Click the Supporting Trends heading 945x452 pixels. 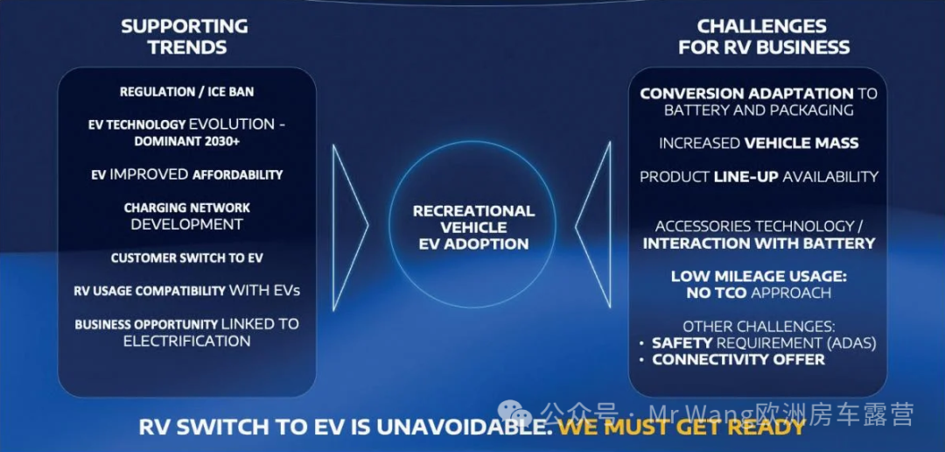coord(185,36)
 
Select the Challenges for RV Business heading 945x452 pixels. coord(764,36)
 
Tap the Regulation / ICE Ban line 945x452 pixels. coord(187,92)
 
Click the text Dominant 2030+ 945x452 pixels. coord(187,141)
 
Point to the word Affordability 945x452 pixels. coord(237,175)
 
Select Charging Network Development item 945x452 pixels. coord(187,216)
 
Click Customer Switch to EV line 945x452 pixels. coord(187,258)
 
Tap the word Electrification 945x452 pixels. coord(187,341)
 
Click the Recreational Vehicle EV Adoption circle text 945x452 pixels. coord(473,228)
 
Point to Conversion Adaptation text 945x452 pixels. coord(746,94)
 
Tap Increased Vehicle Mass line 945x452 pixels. coord(758,143)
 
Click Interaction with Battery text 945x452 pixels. coord(759,244)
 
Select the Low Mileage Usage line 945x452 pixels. coord(759,277)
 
